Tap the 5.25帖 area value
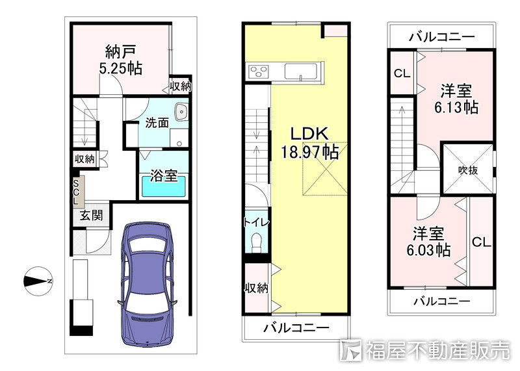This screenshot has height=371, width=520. [x=120, y=68]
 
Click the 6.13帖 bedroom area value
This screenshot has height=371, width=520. [x=456, y=107]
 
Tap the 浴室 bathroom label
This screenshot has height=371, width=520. [x=163, y=175]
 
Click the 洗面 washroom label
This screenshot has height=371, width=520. [x=157, y=122]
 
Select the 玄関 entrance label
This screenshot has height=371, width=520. [x=91, y=216]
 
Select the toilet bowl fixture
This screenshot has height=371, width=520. [x=257, y=241]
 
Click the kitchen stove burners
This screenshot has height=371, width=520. [x=257, y=71]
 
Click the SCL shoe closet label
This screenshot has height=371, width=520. [x=76, y=191]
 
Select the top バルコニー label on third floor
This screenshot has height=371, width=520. [x=441, y=36]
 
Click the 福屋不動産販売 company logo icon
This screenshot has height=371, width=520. [x=352, y=351]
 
